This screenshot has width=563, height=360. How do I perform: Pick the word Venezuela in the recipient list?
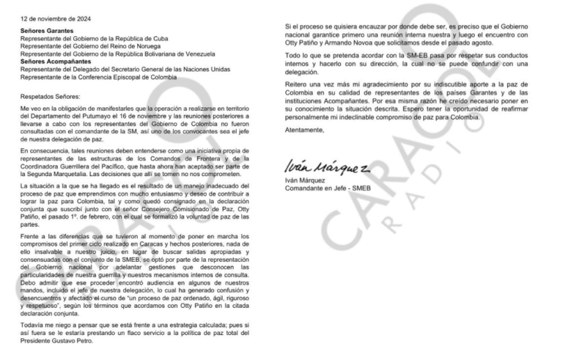(196, 54)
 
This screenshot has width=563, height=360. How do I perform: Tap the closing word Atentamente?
(305, 131)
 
